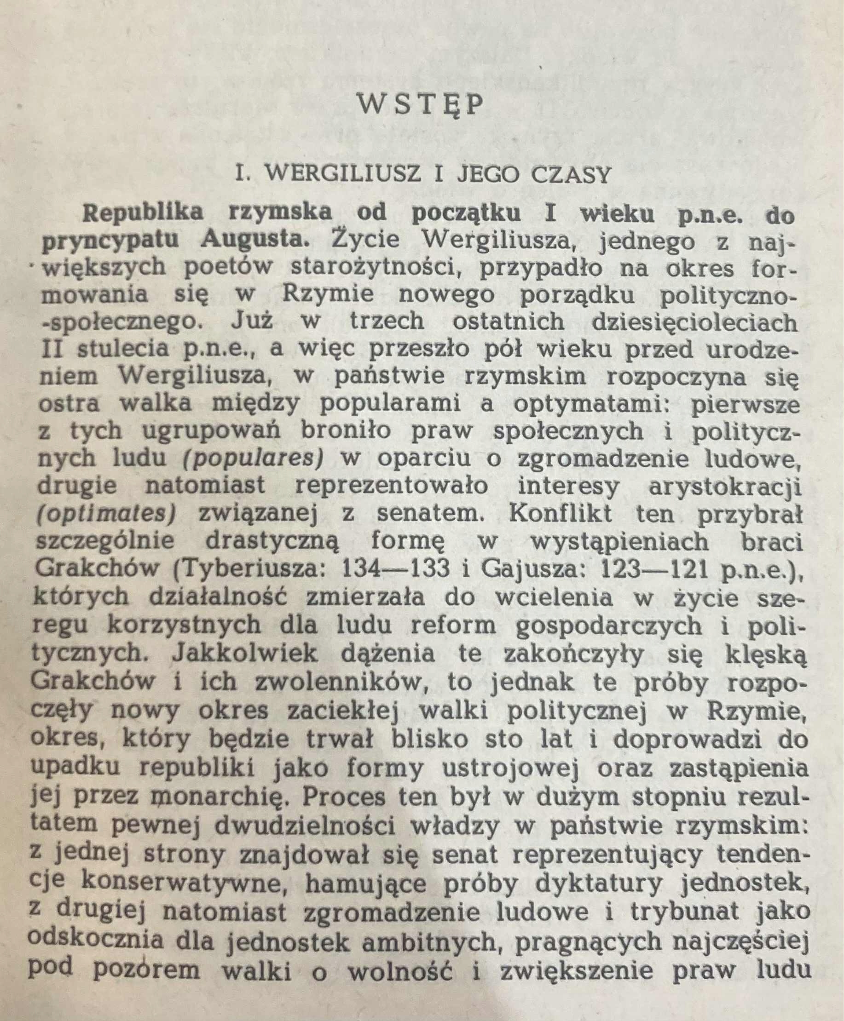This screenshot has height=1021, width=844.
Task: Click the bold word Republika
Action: [x=144, y=213]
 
